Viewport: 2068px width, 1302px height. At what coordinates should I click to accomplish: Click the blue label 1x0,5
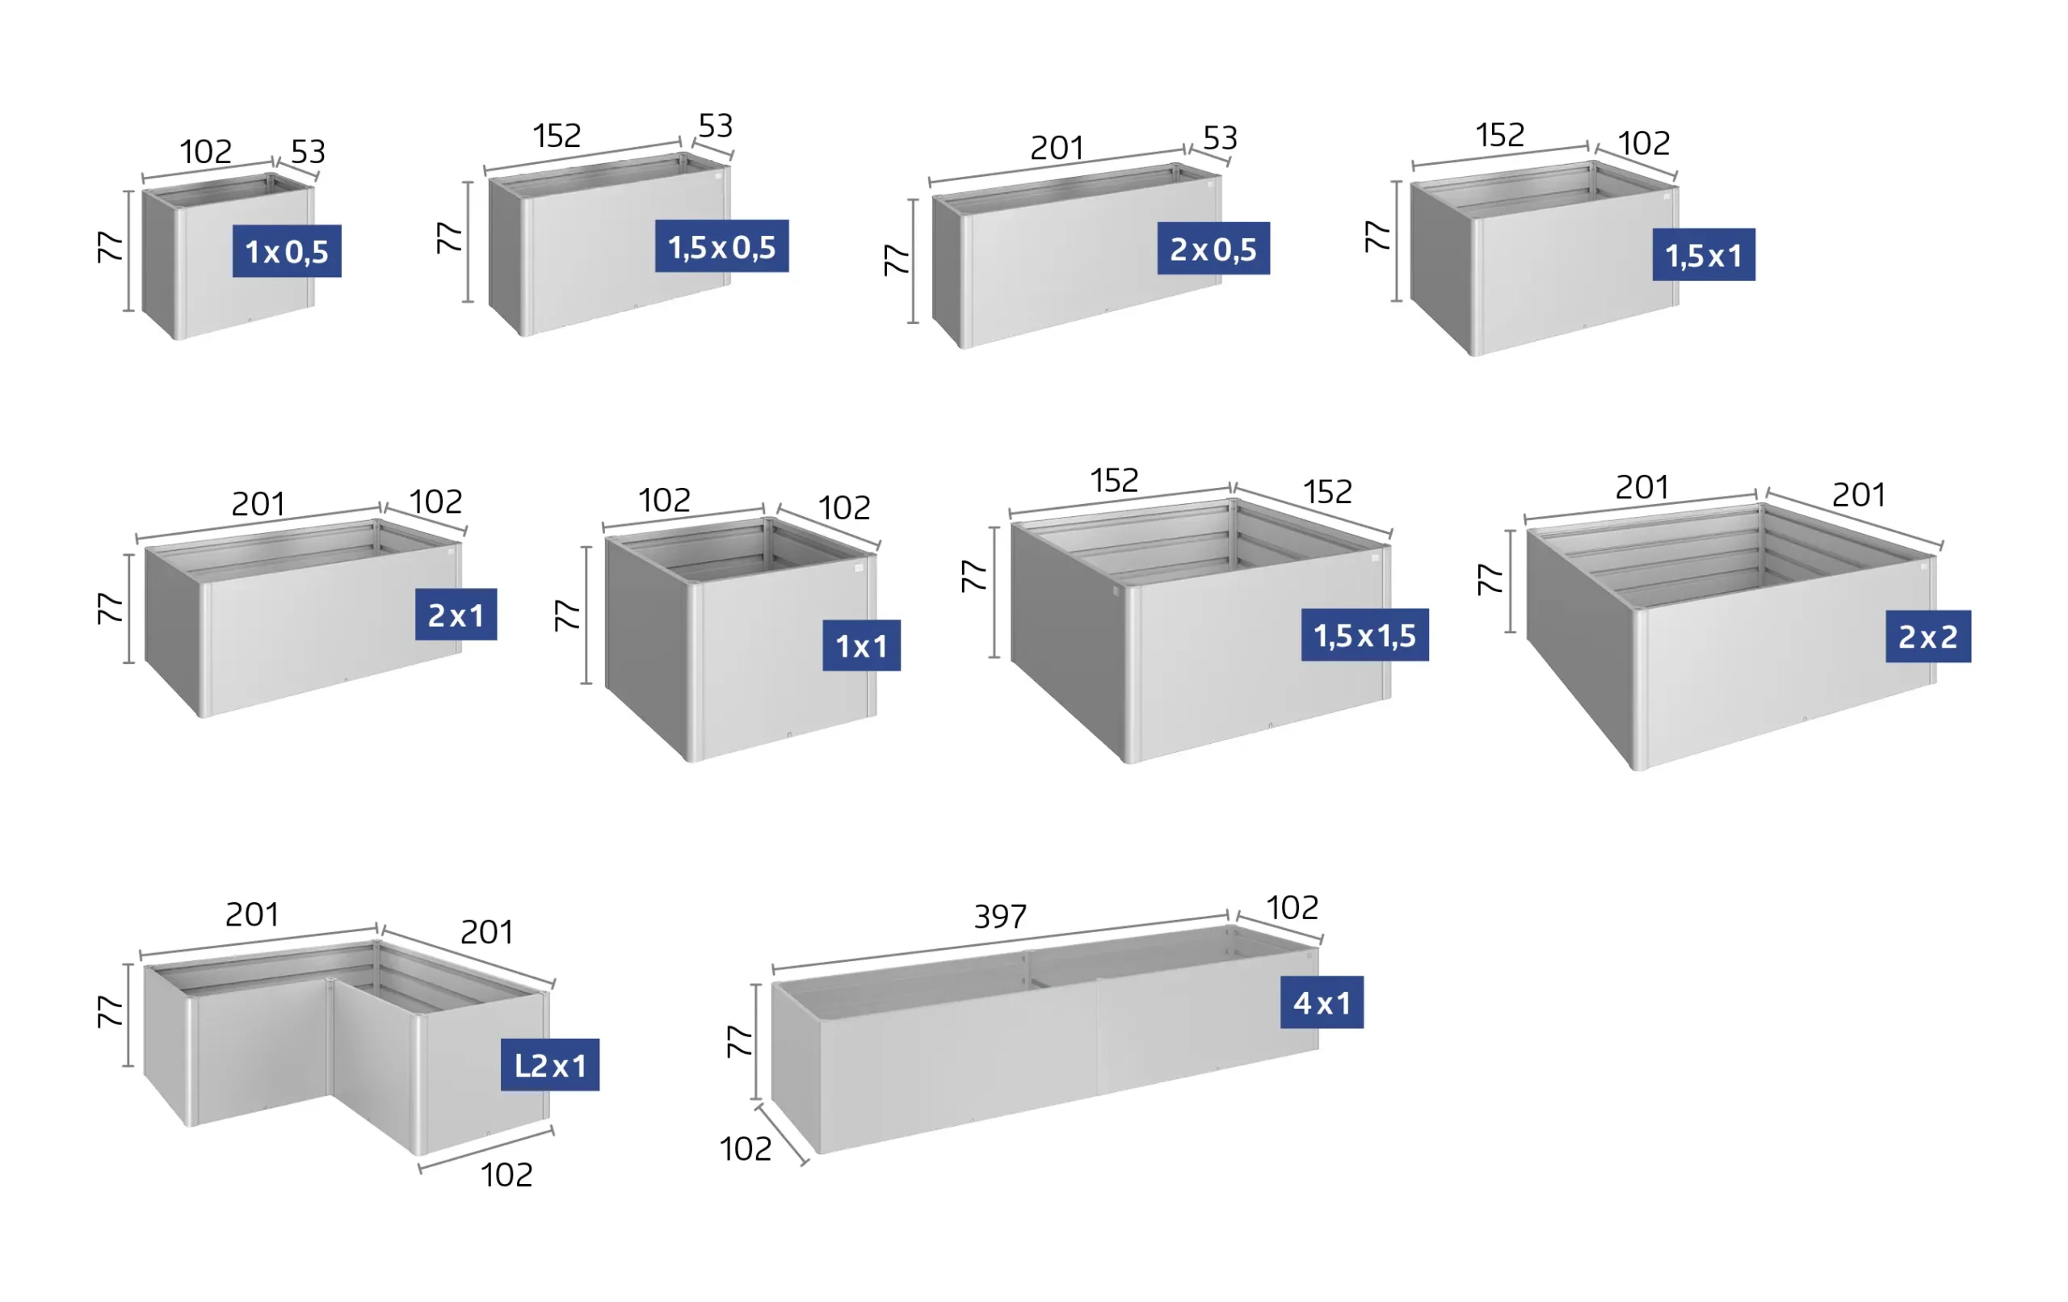point(287,250)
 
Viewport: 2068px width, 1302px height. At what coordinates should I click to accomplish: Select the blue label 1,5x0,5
point(721,246)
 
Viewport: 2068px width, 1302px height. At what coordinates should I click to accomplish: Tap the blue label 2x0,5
point(1213,248)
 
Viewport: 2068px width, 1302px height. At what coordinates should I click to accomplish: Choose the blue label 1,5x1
point(1704,254)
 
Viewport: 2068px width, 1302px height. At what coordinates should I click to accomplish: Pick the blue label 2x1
point(456,614)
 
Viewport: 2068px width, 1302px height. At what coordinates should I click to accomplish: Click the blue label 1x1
point(861,645)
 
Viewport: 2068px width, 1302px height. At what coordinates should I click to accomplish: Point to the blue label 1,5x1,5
point(1364,635)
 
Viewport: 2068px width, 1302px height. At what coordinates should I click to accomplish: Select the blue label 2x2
point(1928,636)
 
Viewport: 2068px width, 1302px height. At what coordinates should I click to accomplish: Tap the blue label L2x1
point(549,1065)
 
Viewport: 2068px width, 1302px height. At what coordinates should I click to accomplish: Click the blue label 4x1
point(1322,1002)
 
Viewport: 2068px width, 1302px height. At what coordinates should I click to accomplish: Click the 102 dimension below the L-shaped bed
point(506,1175)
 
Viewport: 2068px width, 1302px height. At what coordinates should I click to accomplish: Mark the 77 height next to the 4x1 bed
point(739,1040)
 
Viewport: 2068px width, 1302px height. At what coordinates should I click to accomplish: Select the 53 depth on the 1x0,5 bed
point(309,152)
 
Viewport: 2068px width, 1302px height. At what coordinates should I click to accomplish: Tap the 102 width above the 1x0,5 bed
point(205,152)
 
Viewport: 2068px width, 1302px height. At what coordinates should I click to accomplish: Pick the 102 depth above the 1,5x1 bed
point(1644,143)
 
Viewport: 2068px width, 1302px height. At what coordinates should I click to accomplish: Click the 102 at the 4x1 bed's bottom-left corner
point(746,1149)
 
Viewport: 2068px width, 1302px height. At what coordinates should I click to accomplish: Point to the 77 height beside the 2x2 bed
point(1490,579)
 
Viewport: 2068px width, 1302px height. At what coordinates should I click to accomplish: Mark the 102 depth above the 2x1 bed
point(435,502)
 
